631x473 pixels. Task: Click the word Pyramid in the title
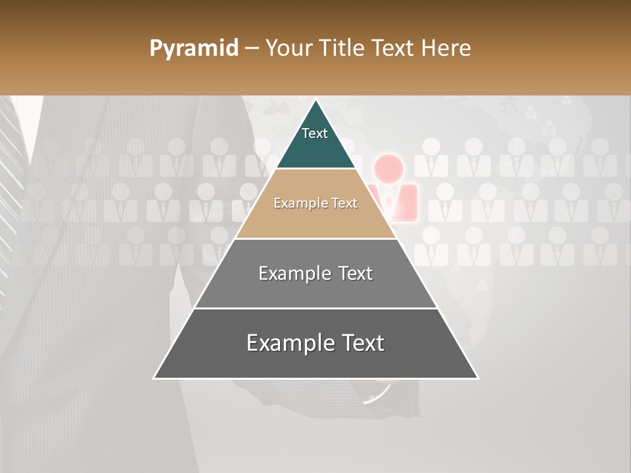pyautogui.click(x=193, y=49)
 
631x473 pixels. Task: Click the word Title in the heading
pyautogui.click(x=342, y=49)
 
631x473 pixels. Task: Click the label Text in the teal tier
pyautogui.click(x=315, y=133)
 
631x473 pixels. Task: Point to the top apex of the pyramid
pyautogui.click(x=316, y=100)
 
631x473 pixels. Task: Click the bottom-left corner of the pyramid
pyautogui.click(x=154, y=378)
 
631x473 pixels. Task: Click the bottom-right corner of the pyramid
pyautogui.click(x=477, y=378)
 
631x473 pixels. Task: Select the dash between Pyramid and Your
pyautogui.click(x=252, y=49)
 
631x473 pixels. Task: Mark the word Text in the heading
pyautogui.click(x=394, y=49)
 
